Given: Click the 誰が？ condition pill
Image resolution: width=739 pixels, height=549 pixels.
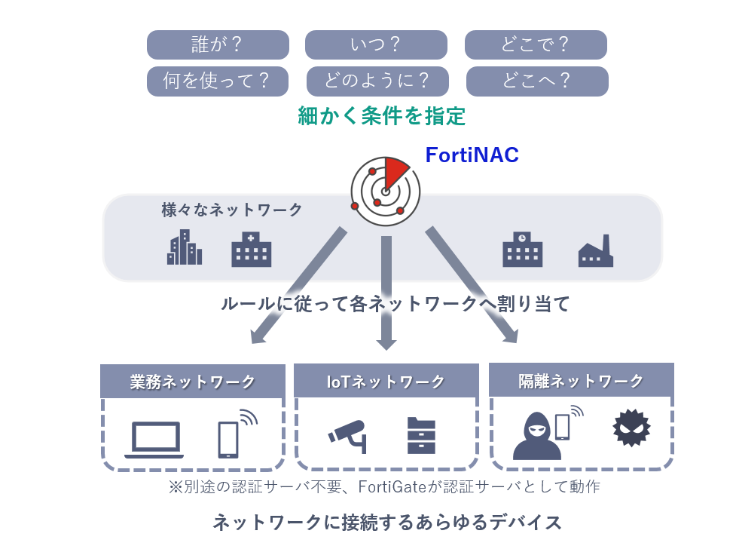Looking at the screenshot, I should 218,44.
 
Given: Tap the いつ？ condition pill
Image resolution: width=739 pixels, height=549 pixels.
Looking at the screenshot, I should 376,44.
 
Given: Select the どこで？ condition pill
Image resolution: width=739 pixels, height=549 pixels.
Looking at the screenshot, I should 536,44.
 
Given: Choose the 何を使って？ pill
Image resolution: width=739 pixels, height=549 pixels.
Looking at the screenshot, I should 218,81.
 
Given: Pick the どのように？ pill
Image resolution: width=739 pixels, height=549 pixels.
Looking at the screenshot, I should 377,81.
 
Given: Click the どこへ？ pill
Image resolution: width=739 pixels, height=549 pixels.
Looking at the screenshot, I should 536,81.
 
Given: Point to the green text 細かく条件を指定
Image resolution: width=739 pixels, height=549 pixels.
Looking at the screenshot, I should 382,116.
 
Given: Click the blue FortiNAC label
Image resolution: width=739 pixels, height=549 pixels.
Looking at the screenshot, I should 472,155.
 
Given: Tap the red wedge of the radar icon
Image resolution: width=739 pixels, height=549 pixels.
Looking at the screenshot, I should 395,171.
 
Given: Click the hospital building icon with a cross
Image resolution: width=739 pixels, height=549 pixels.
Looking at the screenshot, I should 251,249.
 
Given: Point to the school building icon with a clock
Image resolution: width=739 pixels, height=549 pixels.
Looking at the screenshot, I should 522,249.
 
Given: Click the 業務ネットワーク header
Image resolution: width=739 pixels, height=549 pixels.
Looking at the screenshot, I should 193,382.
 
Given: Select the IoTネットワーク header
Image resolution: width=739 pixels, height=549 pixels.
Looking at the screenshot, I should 386,382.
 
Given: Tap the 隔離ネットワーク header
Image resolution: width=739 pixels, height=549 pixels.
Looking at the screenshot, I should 581,381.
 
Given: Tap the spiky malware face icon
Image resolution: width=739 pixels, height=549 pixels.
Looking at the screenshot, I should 631,428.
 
